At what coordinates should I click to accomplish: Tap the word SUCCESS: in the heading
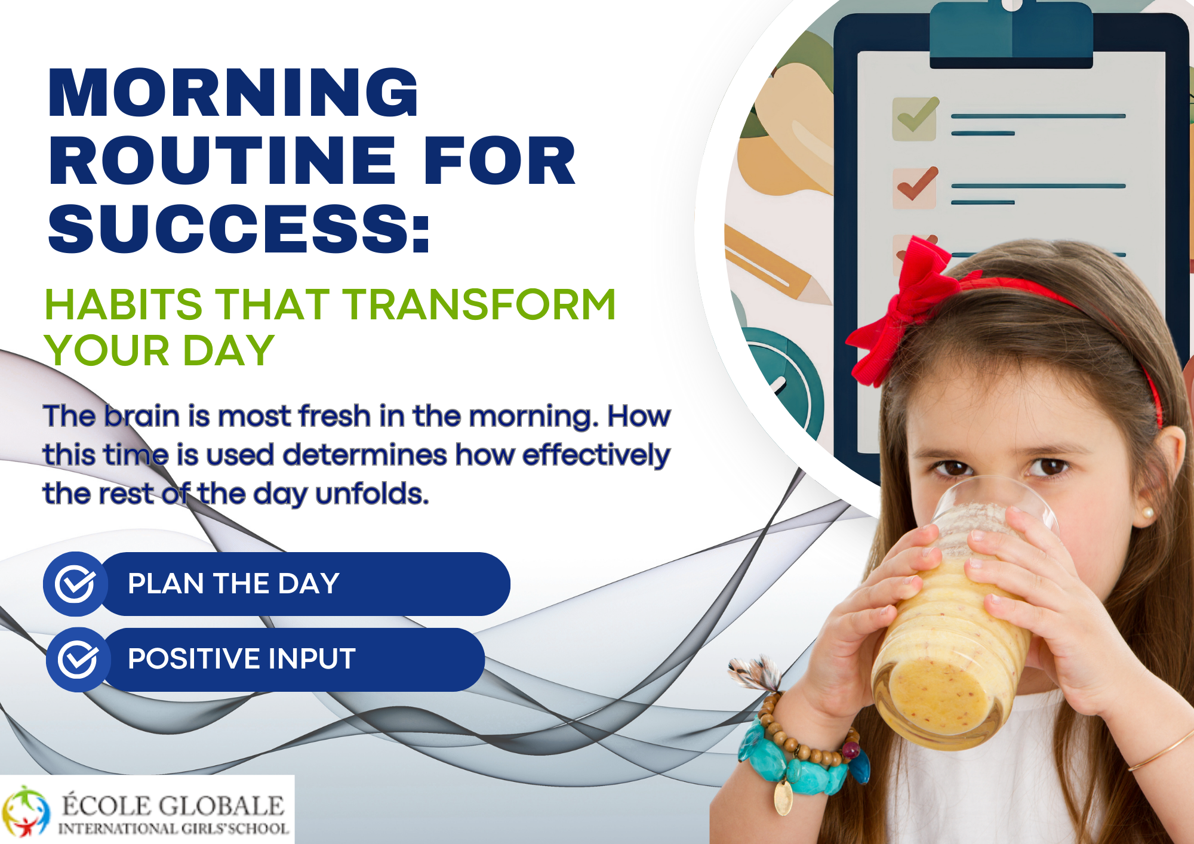(239, 228)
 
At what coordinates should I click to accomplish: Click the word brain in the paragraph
(141, 415)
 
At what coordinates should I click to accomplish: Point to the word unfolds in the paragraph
(371, 494)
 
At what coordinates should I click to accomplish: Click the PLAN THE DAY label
(233, 584)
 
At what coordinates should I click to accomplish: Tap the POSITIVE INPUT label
(242, 659)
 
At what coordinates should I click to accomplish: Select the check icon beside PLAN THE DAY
(75, 584)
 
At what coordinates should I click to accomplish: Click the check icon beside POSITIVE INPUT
(78, 660)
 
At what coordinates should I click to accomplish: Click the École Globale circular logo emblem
(25, 811)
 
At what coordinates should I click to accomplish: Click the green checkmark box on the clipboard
(915, 119)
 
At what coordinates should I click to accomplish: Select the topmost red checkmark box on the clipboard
(915, 187)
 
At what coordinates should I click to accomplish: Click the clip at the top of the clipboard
(1011, 33)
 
